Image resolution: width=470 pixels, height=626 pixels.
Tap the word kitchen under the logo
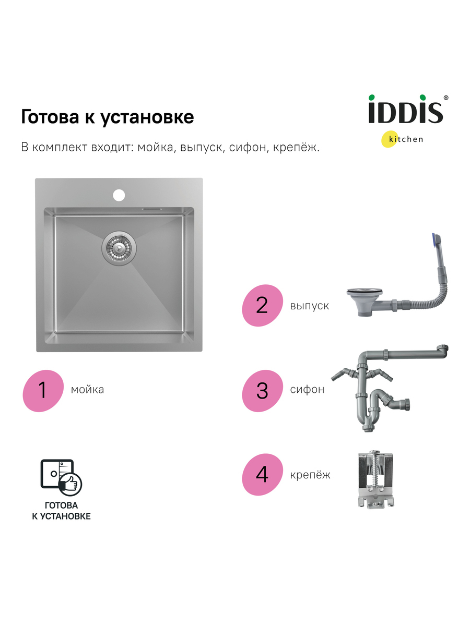point(406,139)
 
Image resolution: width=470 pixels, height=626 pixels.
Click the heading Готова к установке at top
point(107,117)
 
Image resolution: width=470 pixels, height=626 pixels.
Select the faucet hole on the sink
point(119,195)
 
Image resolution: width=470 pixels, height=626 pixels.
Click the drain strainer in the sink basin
point(119,248)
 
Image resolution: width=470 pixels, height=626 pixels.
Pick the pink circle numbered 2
point(263,306)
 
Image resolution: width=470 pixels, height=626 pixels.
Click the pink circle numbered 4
point(263,475)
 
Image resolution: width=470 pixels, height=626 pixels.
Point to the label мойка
point(87,390)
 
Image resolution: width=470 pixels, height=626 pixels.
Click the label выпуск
point(310,306)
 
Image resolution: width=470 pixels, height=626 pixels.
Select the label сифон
point(308,390)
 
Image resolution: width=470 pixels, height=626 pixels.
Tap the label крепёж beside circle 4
point(310,475)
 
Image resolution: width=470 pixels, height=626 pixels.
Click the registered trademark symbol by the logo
point(446,98)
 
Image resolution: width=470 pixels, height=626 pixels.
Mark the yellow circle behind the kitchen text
point(390,139)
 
